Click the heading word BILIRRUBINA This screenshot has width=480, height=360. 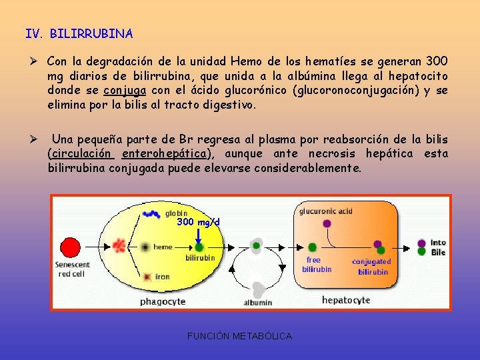(91, 33)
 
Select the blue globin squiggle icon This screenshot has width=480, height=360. (151, 214)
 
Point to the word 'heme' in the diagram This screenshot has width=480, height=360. (163, 247)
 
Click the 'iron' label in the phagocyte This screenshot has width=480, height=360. (162, 276)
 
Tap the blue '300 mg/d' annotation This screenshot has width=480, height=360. (198, 222)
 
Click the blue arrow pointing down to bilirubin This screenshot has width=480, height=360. (199, 235)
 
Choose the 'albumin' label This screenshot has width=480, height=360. (258, 302)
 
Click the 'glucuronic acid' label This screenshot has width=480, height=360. (326, 211)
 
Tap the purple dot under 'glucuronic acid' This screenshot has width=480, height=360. (327, 224)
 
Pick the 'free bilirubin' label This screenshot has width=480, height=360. (316, 265)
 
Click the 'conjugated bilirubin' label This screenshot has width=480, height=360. (372, 267)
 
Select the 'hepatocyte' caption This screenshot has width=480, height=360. (346, 300)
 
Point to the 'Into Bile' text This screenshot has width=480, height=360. (438, 247)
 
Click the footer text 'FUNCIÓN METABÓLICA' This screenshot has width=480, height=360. (240, 336)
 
